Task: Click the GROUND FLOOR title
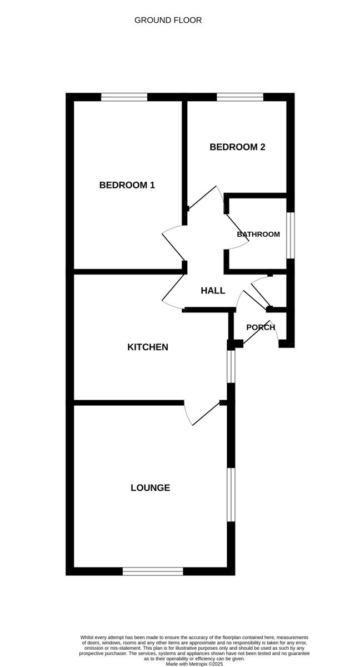[168, 20]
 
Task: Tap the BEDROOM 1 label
[127, 185]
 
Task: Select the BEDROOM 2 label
[237, 147]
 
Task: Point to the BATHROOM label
[258, 234]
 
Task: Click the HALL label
[213, 291]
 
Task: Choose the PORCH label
[261, 327]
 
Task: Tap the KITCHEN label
[148, 347]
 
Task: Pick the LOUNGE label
[150, 488]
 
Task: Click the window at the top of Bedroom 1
[124, 97]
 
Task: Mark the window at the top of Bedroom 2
[239, 97]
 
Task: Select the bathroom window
[291, 235]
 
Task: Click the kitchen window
[231, 366]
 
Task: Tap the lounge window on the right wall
[231, 495]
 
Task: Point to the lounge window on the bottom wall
[153, 571]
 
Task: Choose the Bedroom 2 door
[206, 197]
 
